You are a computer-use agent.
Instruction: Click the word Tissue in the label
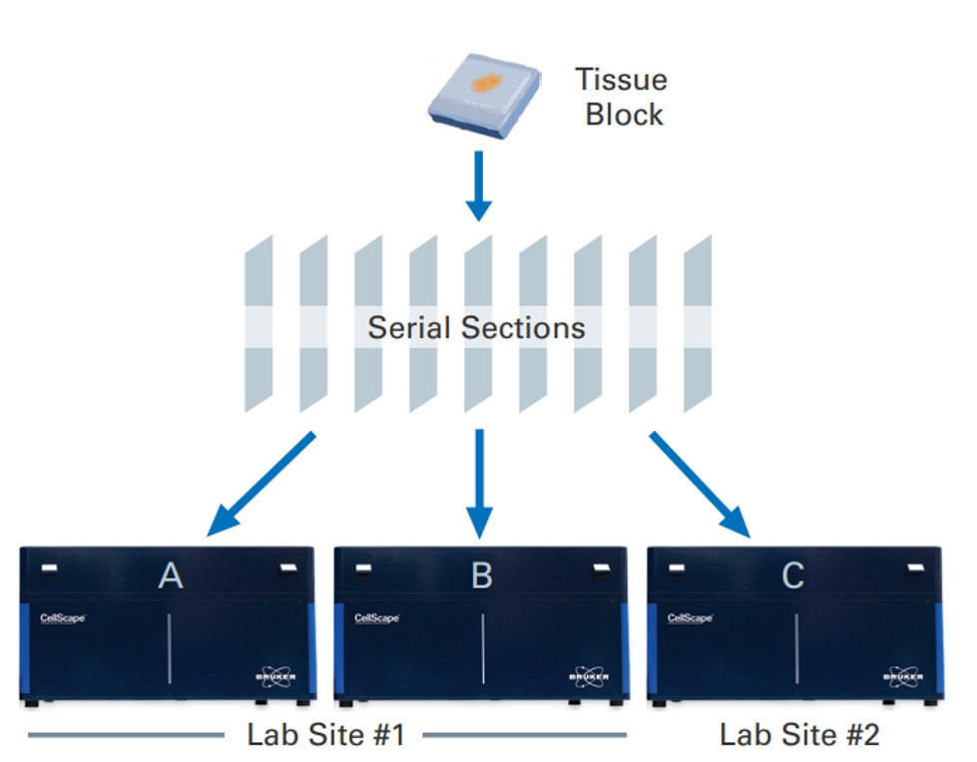(x=621, y=80)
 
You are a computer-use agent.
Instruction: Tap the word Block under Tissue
(x=624, y=114)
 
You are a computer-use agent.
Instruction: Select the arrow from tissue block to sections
(x=480, y=186)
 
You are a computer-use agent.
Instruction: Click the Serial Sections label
(x=476, y=327)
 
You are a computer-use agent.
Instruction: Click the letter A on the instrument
(x=171, y=576)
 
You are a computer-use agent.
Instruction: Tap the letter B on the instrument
(x=481, y=576)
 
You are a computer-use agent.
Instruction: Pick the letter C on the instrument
(x=792, y=576)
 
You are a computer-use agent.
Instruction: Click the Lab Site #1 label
(x=325, y=736)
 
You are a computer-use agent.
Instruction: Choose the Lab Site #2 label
(x=799, y=736)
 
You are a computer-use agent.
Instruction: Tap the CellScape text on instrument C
(x=690, y=618)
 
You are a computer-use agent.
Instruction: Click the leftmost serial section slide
(x=258, y=324)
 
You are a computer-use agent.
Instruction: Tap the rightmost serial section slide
(x=698, y=324)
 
